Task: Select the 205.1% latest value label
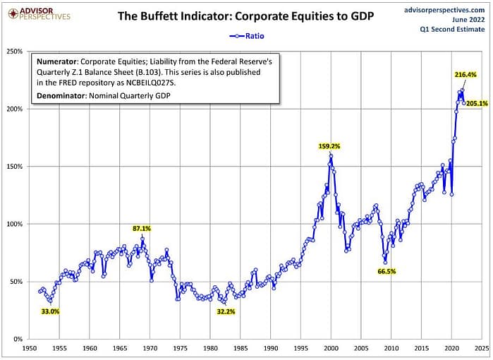click(x=477, y=104)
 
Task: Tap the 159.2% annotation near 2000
click(x=329, y=146)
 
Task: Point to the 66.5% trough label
click(x=387, y=271)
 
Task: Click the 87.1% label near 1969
click(x=142, y=228)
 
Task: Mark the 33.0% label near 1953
click(x=49, y=311)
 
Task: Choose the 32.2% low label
click(x=225, y=311)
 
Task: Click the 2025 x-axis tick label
click(x=482, y=349)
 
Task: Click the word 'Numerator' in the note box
click(x=59, y=61)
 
